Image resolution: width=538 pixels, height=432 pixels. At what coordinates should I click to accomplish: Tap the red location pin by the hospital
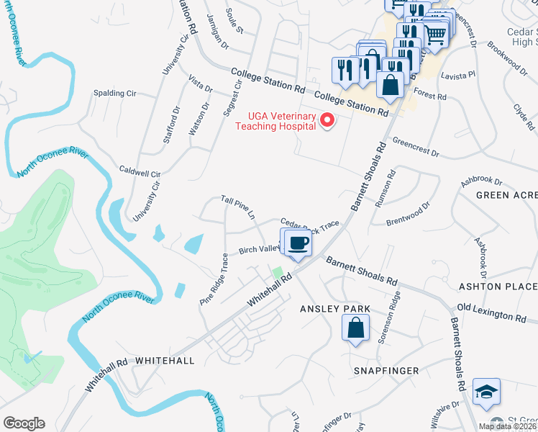click(x=328, y=120)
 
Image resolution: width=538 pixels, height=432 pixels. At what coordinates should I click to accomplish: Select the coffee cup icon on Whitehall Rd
click(x=298, y=243)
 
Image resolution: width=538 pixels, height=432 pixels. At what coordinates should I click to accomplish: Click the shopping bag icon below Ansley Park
click(x=356, y=330)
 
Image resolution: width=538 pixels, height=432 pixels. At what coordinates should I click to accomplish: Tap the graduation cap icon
click(x=486, y=392)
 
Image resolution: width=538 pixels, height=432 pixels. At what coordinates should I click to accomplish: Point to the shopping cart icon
click(x=435, y=33)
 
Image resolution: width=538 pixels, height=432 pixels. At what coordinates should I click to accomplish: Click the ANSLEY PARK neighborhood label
click(x=335, y=309)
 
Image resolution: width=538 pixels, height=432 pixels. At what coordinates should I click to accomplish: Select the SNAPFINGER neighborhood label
click(x=387, y=370)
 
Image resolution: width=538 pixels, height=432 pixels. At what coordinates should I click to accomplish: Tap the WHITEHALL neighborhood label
click(x=165, y=360)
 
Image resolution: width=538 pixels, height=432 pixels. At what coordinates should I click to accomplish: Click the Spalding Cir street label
click(x=115, y=94)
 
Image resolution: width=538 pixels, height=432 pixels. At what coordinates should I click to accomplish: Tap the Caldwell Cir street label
click(x=140, y=174)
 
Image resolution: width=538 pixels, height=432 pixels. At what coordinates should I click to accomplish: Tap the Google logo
click(x=24, y=423)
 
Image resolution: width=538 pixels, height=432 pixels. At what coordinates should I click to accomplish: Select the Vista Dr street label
click(x=200, y=84)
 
